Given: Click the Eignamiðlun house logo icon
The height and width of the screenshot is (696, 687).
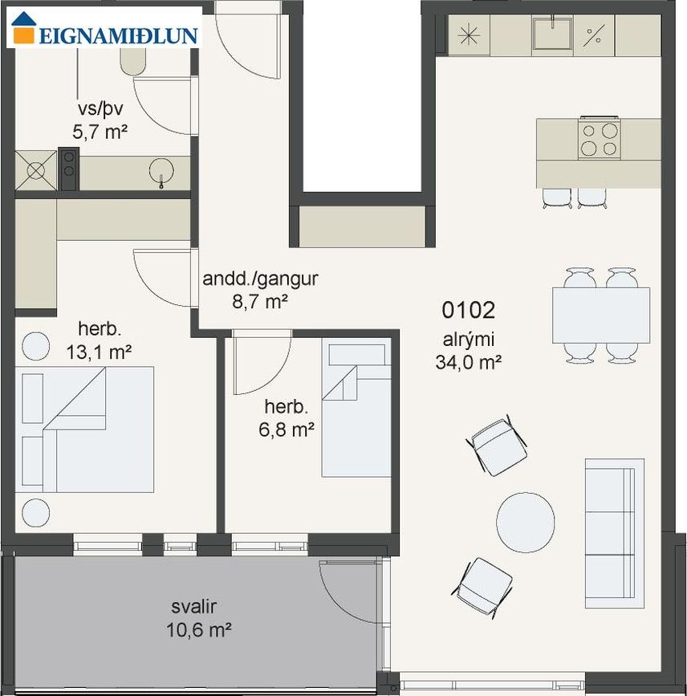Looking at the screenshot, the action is (x=24, y=28).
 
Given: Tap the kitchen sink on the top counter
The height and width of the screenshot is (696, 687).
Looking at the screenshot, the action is (x=552, y=34).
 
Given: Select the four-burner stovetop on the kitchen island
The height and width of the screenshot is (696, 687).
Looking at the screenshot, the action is (x=600, y=137).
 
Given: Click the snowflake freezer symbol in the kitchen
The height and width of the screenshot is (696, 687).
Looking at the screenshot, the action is (x=469, y=35).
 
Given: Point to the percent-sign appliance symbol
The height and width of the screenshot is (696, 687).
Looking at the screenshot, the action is (x=594, y=35).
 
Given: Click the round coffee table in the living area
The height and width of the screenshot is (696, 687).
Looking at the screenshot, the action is (x=526, y=522).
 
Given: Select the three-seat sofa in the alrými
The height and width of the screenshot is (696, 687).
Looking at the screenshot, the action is (x=615, y=533).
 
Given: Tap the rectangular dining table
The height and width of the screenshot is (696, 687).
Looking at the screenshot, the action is (x=601, y=315).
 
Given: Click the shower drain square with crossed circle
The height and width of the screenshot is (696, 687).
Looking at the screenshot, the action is (x=36, y=171).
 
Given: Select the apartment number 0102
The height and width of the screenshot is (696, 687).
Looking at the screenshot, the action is (x=468, y=310).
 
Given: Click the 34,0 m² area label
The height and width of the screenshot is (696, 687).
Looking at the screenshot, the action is (x=468, y=362).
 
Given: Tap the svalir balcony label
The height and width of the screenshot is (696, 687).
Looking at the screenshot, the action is (x=194, y=606).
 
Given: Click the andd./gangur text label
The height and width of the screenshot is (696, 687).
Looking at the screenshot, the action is (x=261, y=279).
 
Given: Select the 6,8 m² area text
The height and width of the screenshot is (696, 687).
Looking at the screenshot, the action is (x=287, y=429).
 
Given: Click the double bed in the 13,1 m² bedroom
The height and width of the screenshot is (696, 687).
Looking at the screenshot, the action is (x=84, y=429).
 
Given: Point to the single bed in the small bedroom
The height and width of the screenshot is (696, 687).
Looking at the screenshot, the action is (x=356, y=410).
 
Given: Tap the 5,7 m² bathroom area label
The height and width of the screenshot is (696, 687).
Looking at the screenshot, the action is (x=100, y=132).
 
